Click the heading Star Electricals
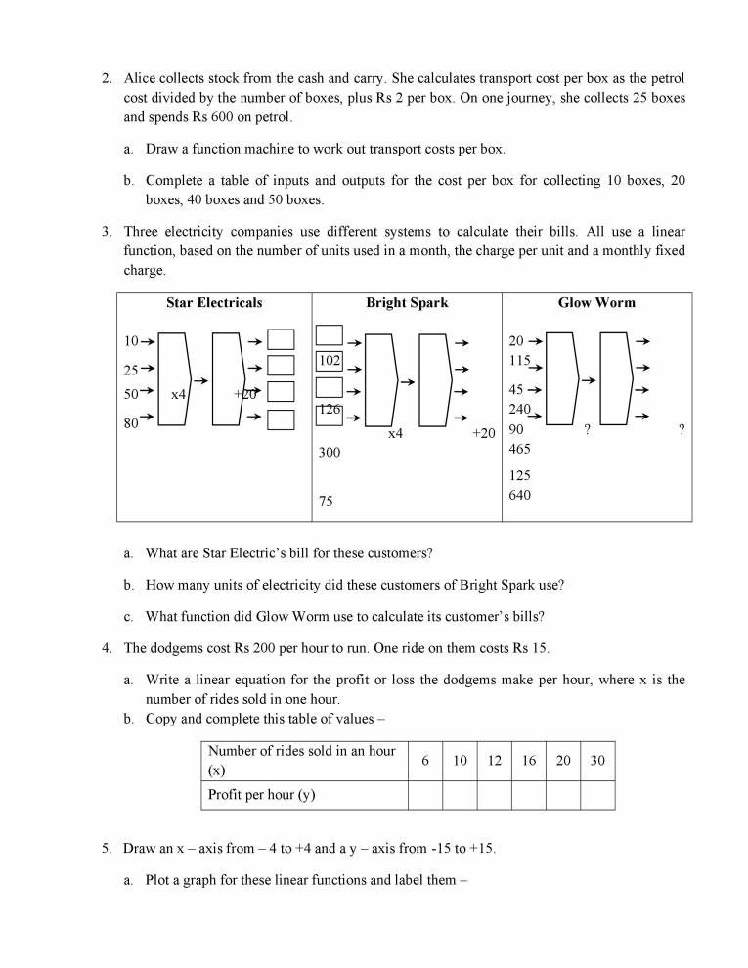[214, 303]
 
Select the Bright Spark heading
[407, 303]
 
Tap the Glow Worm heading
[596, 303]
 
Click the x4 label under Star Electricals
[179, 394]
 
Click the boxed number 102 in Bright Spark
[330, 361]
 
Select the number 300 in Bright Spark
[330, 454]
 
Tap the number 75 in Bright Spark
[326, 502]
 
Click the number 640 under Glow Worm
[520, 496]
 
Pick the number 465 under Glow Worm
[520, 449]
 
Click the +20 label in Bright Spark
[483, 433]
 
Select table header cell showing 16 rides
[529, 761]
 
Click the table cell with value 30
[597, 761]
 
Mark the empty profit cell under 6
[424, 795]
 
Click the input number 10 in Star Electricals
[131, 341]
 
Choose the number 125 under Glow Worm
[520, 475]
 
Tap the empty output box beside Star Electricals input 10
[282, 340]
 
